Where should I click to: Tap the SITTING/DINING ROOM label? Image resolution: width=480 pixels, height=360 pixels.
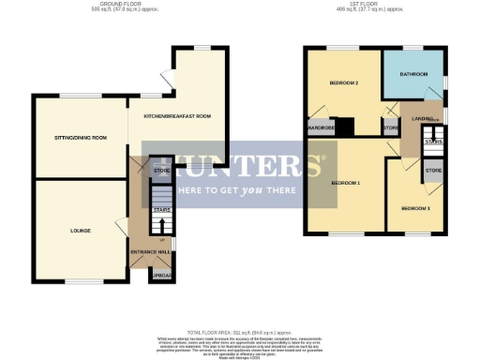[x=80, y=138]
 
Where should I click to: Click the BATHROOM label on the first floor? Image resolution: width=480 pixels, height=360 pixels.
[x=413, y=73]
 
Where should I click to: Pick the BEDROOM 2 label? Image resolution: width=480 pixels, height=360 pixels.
[x=344, y=83]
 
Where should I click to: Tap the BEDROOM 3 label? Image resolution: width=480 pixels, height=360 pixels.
[x=415, y=207]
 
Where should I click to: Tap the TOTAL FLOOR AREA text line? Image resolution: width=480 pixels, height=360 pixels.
[x=239, y=332]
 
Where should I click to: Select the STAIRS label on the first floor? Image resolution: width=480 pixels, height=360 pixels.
[x=433, y=142]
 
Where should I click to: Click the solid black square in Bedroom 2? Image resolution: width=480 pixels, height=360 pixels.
[x=346, y=126]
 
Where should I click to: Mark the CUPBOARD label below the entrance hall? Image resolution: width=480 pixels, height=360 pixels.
[x=161, y=275]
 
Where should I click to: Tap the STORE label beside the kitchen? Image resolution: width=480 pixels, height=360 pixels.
[x=161, y=170]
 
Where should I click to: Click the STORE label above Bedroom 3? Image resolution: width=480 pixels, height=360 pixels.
[x=433, y=171]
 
